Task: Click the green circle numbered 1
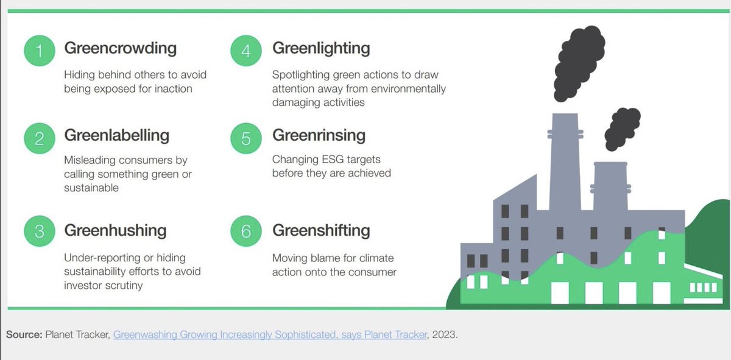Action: tap(40, 51)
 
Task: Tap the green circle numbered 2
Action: tap(40, 139)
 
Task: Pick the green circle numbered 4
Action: tap(246, 51)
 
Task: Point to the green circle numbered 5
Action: tap(246, 139)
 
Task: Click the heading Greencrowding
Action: tap(120, 48)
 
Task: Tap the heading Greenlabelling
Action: tap(117, 135)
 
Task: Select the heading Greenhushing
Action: tap(115, 230)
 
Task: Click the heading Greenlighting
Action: tap(321, 48)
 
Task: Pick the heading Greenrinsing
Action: tap(319, 135)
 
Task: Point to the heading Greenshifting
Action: tap(321, 230)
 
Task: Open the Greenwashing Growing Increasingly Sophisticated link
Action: tap(270, 335)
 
